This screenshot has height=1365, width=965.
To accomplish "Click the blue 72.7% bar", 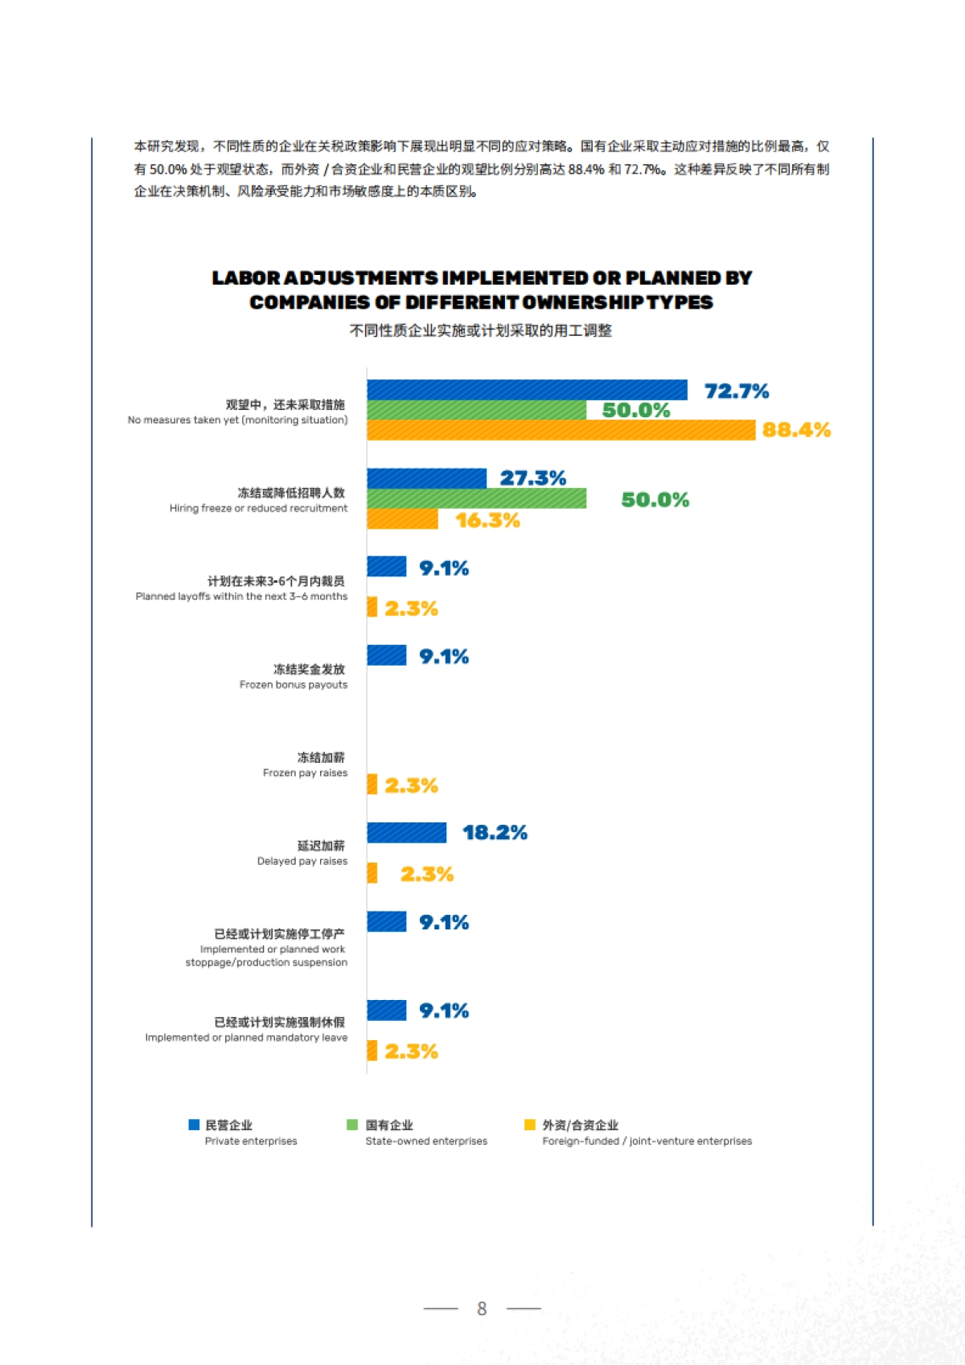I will point(527,390).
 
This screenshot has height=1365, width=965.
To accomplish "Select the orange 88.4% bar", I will point(561,430).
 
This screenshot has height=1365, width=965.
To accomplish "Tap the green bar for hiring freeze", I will point(476,498).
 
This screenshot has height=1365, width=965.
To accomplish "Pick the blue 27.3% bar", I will point(426,478).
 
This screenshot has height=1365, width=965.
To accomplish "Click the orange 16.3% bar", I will point(402,519).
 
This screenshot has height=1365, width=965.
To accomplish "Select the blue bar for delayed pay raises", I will point(406,833).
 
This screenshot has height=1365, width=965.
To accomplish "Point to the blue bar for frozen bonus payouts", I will point(386,656).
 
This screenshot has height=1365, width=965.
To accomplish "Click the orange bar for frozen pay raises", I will point(372,785).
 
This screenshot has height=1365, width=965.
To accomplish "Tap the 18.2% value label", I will point(495,833).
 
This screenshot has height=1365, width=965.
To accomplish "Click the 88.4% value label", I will point(796,430).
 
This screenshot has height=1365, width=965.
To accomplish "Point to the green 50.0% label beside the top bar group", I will point(635,410).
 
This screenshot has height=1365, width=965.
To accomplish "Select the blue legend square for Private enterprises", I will point(194,1125).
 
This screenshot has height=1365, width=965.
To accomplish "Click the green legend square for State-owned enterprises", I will point(352,1125).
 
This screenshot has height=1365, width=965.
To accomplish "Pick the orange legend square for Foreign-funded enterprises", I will point(529,1125).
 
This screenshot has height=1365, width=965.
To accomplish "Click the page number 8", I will point(482,1309).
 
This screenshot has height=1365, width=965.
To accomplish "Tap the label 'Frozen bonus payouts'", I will point(294,685).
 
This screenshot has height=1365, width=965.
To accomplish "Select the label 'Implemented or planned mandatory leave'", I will point(246,1038).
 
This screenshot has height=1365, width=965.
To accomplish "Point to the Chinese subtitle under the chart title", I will point(481,330).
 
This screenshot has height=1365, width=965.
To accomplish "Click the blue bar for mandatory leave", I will point(386,1010).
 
